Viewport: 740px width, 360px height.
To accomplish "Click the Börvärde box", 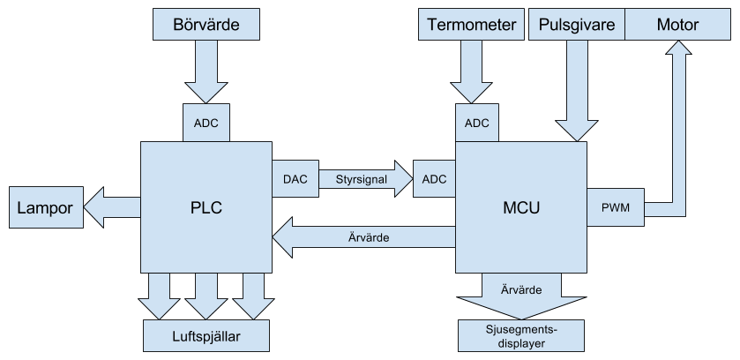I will pos(206,25).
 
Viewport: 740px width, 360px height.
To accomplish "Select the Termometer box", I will pos(471,25).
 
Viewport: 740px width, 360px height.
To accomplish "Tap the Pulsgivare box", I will pos(577,25).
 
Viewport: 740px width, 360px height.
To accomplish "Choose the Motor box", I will pos(677,25).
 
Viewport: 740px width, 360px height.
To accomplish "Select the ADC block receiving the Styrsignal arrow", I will pos(434,179).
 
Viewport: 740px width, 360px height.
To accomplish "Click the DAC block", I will pos(295,179).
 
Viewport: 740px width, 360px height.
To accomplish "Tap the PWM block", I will pos(615,208).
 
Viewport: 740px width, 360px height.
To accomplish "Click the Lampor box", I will pos(45,208).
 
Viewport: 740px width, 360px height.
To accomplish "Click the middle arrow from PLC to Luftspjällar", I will pos(206,295).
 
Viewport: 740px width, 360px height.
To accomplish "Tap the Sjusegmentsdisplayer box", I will pos(521,334).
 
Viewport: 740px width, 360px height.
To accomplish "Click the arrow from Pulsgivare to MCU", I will pos(577,88).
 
